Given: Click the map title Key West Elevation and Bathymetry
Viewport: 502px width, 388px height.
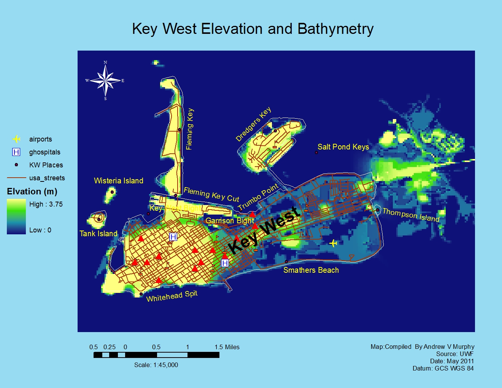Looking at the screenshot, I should click(x=253, y=29).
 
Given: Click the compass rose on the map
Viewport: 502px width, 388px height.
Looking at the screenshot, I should click(x=105, y=80).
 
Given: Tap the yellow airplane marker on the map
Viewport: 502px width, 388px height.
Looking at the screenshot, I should click(x=333, y=243).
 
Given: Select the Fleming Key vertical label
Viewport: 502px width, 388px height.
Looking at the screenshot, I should click(x=189, y=129).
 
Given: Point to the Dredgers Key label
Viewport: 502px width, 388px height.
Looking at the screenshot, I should click(x=253, y=124).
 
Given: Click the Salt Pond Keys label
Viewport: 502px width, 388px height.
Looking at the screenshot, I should click(x=343, y=147).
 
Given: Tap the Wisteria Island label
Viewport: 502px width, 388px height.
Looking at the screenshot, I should click(x=118, y=181).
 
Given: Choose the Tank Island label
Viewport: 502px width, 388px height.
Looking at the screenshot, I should click(x=98, y=234).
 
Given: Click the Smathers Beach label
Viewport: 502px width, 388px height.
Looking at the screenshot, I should click(x=311, y=270).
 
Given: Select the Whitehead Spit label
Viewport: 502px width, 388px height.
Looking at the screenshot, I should click(x=172, y=296).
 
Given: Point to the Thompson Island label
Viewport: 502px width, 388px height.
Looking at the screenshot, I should click(x=411, y=215).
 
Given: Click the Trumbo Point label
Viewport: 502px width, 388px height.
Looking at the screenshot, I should click(x=258, y=197).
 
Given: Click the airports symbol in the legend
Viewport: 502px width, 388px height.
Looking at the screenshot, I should click(x=16, y=139).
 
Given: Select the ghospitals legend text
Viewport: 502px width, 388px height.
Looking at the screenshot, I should click(x=44, y=152).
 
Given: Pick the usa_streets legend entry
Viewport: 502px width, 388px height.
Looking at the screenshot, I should click(x=47, y=178).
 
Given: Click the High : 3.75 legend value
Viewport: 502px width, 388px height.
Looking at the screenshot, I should click(x=46, y=204).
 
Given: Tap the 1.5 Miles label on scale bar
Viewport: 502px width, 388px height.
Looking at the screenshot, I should click(x=227, y=347).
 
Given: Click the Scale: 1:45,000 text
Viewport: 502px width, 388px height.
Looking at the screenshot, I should click(x=156, y=365).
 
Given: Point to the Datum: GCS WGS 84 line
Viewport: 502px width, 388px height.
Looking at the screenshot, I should click(x=443, y=368).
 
